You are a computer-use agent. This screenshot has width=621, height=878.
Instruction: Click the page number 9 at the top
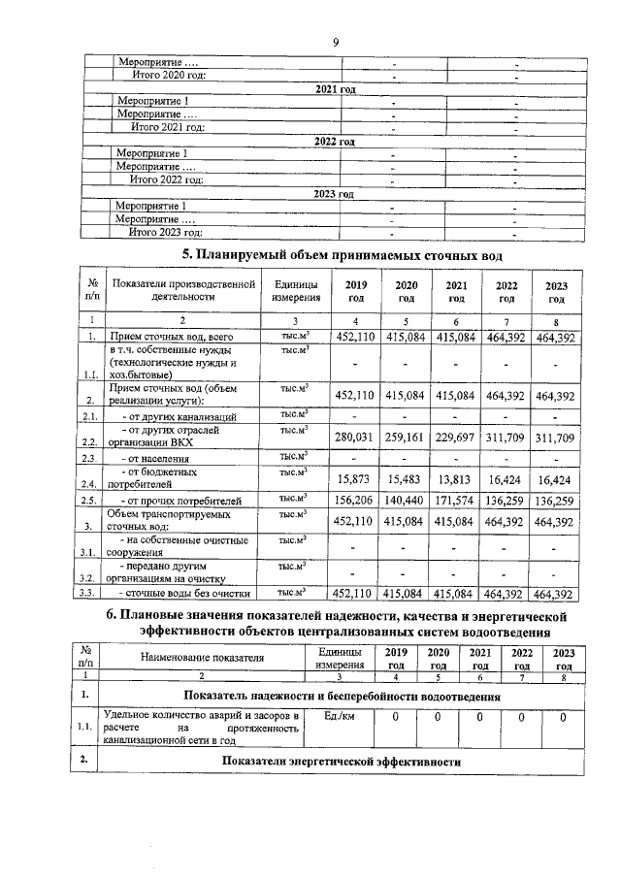(x=334, y=44)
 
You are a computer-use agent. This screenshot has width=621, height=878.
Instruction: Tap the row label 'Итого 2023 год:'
(x=166, y=233)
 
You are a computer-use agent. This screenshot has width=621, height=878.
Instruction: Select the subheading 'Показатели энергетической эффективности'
(x=340, y=763)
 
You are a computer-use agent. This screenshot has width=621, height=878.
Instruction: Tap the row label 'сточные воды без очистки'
(x=183, y=593)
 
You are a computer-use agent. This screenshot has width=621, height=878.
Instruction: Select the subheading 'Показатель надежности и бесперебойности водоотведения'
(x=342, y=697)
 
